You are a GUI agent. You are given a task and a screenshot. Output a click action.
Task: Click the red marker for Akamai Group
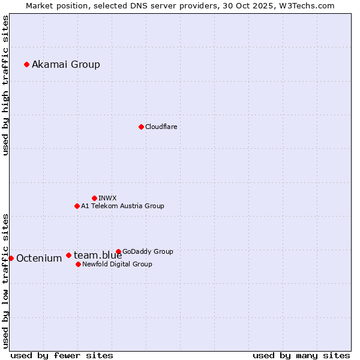tap(26, 64)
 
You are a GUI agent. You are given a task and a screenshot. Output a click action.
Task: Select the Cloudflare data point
tap(141, 127)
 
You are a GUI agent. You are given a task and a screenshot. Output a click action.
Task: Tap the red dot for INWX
tap(94, 198)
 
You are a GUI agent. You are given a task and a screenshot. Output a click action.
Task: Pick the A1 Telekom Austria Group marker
tap(77, 206)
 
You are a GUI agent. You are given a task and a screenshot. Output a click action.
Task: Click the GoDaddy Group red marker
tap(118, 251)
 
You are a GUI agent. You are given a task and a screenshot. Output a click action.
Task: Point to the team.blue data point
tap(68, 255)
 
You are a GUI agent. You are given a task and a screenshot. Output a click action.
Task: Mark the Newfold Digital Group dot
tap(78, 264)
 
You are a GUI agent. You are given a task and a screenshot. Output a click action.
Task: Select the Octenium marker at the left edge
tap(11, 258)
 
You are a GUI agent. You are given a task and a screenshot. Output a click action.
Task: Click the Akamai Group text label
tap(66, 64)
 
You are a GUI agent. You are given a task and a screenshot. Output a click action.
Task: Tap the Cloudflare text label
tap(161, 127)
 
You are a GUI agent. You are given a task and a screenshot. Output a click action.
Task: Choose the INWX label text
tap(107, 198)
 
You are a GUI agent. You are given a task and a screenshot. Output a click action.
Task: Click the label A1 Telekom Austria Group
tap(122, 206)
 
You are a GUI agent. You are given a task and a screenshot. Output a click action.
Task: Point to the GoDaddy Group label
tap(148, 251)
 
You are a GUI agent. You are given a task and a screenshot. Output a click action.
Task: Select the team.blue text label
tap(98, 256)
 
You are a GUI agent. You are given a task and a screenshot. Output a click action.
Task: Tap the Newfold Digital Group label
tap(117, 264)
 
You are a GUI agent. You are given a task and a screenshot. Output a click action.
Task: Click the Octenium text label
tap(39, 259)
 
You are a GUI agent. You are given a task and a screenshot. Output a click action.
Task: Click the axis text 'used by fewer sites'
tap(62, 355)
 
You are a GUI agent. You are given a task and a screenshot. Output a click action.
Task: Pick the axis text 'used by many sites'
tap(301, 355)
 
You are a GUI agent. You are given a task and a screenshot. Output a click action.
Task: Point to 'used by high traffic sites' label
tap(6, 85)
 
